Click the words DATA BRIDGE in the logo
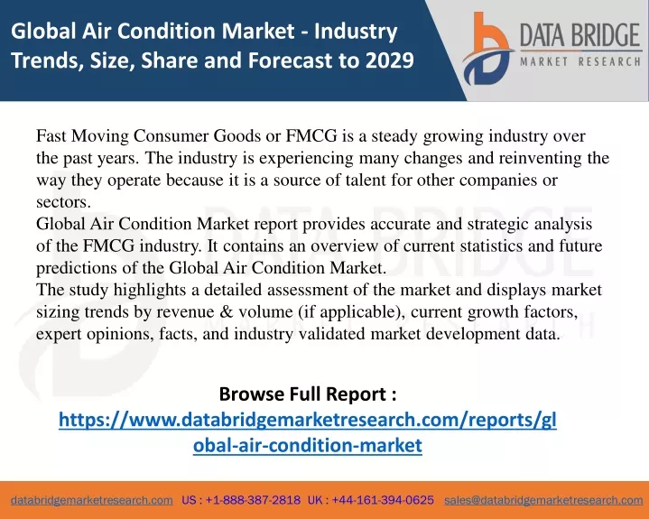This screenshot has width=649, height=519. point(579,35)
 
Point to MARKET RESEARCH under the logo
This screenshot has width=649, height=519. point(580,62)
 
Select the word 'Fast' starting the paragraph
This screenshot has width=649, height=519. point(51,135)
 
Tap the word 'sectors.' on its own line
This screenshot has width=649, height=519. point(63,202)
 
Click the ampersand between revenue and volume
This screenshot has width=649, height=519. point(227,311)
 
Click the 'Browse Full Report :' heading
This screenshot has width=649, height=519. point(308,394)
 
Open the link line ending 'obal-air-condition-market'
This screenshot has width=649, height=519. point(308,445)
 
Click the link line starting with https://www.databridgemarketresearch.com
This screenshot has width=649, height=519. point(308,420)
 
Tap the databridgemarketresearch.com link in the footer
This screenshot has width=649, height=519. point(92,500)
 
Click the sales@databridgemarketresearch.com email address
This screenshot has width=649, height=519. point(543,500)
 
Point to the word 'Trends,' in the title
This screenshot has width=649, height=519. point(47,60)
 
